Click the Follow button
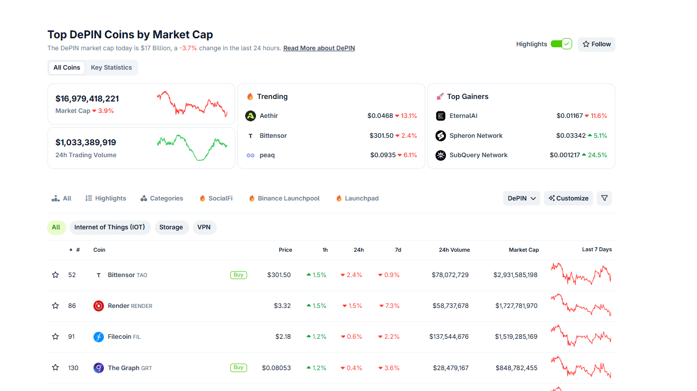pyautogui.click(x=596, y=44)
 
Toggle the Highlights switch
pyautogui.click(x=561, y=44)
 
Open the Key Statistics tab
pyautogui.click(x=111, y=68)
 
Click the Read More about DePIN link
pyautogui.click(x=319, y=48)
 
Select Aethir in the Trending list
pyautogui.click(x=268, y=116)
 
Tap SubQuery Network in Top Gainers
pyautogui.click(x=478, y=155)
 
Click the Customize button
pyautogui.click(x=568, y=198)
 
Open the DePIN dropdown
pyautogui.click(x=522, y=198)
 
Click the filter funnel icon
pyautogui.click(x=604, y=198)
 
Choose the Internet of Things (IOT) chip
pyautogui.click(x=110, y=227)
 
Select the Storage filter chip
pyautogui.click(x=171, y=227)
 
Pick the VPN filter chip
pyautogui.click(x=204, y=227)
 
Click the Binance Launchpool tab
pyautogui.click(x=288, y=198)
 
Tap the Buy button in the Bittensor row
pyautogui.click(x=239, y=275)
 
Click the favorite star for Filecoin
pyautogui.click(x=55, y=337)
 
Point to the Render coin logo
pyautogui.click(x=98, y=306)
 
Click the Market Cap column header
pyautogui.click(x=523, y=250)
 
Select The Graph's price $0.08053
pyautogui.click(x=276, y=368)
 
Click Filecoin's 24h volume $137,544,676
pyautogui.click(x=449, y=337)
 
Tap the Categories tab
pyautogui.click(x=166, y=198)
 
